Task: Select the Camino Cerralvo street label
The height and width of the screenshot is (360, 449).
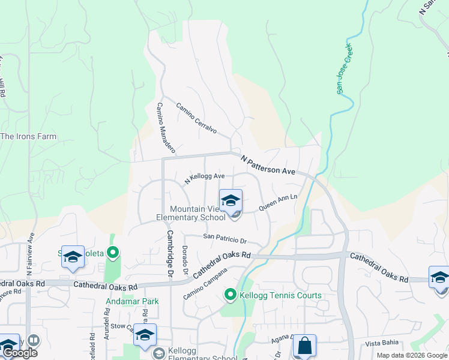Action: click(196, 118)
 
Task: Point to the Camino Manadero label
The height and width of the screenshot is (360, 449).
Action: click(165, 127)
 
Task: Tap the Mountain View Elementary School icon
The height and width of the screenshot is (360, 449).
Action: click(231, 201)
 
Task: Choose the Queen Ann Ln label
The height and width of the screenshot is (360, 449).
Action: click(279, 202)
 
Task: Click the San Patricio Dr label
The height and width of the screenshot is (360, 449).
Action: click(225, 239)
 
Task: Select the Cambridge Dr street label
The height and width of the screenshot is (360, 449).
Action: click(170, 254)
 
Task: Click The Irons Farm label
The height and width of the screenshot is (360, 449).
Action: click(29, 136)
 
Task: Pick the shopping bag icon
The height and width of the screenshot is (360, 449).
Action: click(304, 346)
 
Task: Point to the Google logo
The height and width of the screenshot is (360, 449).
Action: click(19, 353)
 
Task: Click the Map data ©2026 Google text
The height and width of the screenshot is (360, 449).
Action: click(411, 355)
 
